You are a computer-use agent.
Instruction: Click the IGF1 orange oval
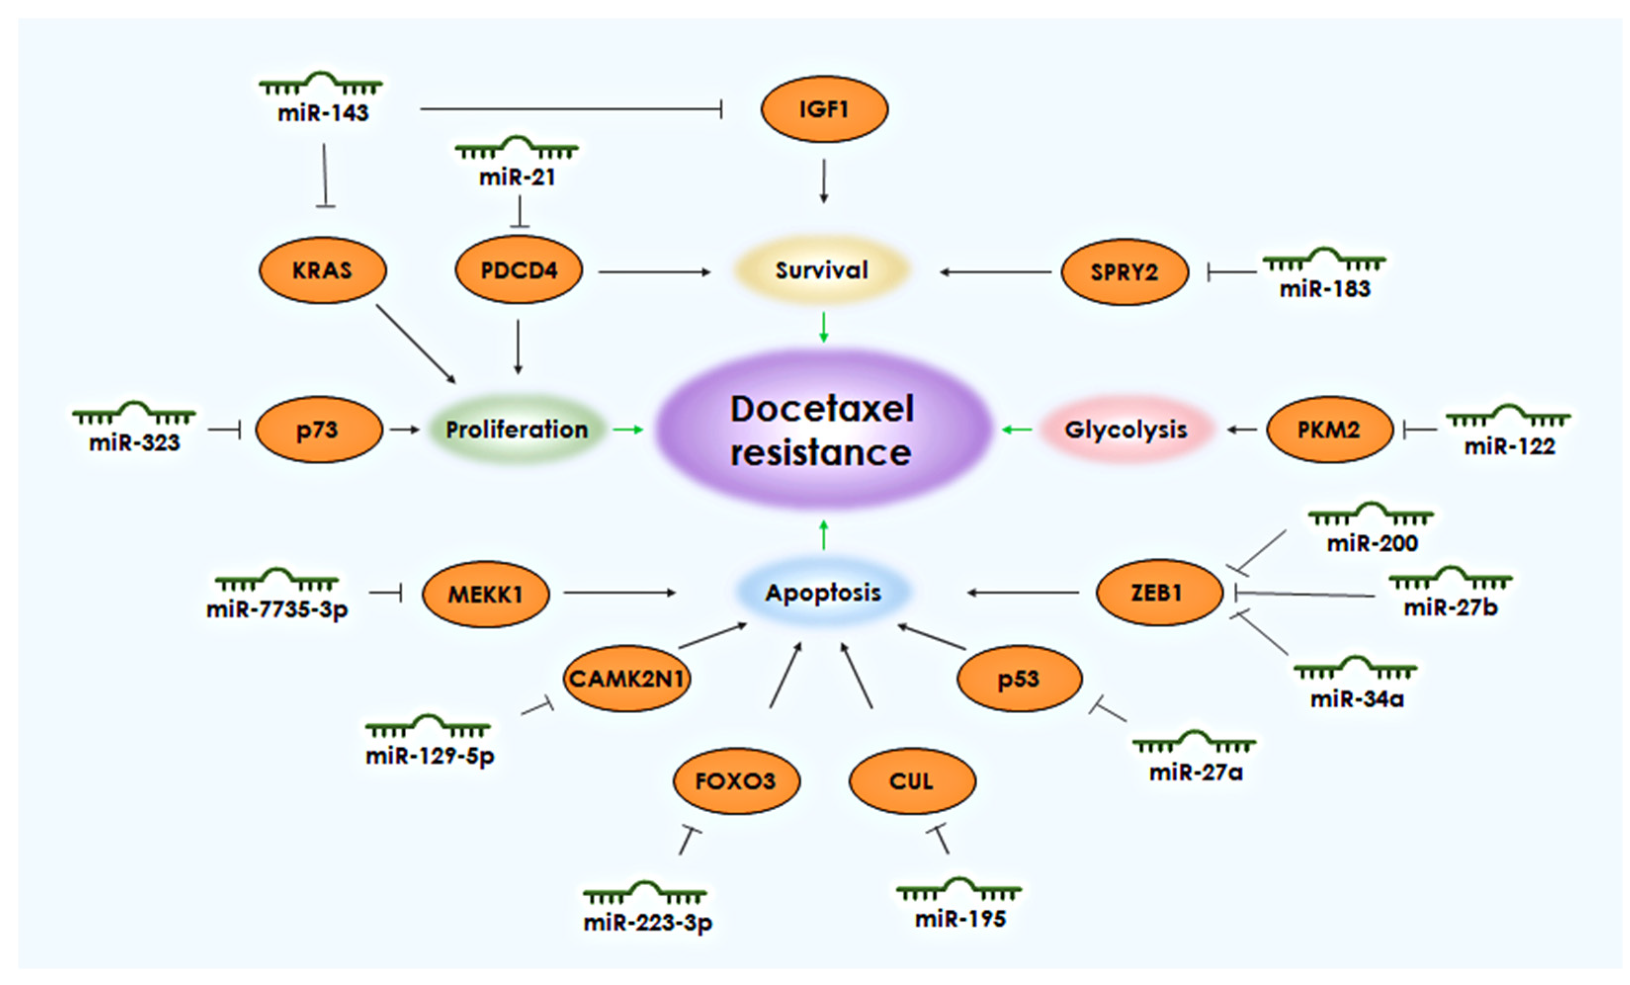[824, 109]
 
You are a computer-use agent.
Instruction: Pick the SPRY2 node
[1125, 272]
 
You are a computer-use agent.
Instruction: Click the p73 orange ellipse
[318, 430]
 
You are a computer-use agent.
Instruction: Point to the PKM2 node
[1329, 430]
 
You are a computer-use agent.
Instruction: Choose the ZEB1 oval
[1158, 593]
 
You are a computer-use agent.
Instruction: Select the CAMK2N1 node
[627, 679]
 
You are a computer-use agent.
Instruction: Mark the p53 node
[1019, 679]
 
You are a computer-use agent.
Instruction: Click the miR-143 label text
[323, 113]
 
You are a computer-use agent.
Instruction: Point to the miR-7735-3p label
[277, 609]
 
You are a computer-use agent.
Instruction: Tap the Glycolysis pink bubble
[1126, 430]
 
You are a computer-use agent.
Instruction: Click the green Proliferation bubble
[517, 430]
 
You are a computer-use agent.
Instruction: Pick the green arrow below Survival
[824, 328]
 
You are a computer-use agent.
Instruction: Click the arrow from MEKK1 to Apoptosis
[619, 593]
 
